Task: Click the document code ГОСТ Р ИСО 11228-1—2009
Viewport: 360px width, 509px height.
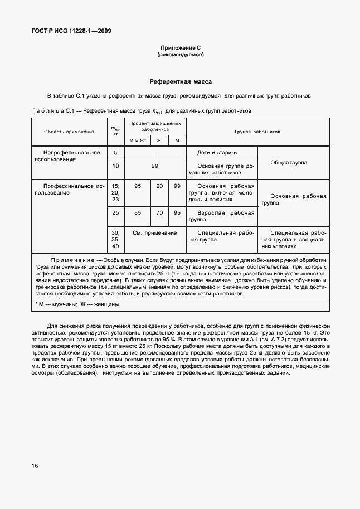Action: (x=71, y=31)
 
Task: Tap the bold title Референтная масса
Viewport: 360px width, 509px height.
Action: (x=179, y=82)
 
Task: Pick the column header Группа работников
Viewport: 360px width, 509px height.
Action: (x=257, y=132)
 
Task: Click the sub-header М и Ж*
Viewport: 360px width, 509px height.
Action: (x=138, y=140)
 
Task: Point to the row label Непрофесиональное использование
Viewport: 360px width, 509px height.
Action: (x=67, y=156)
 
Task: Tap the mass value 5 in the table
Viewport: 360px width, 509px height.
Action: (x=115, y=152)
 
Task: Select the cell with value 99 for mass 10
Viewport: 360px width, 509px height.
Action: (x=154, y=166)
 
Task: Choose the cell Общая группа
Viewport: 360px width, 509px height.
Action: (x=289, y=162)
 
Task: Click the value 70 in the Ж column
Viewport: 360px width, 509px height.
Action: (x=159, y=213)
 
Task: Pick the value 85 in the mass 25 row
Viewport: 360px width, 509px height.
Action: (x=138, y=213)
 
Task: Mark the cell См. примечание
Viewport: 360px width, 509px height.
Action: (x=154, y=232)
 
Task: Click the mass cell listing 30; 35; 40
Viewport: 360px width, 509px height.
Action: (x=115, y=239)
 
